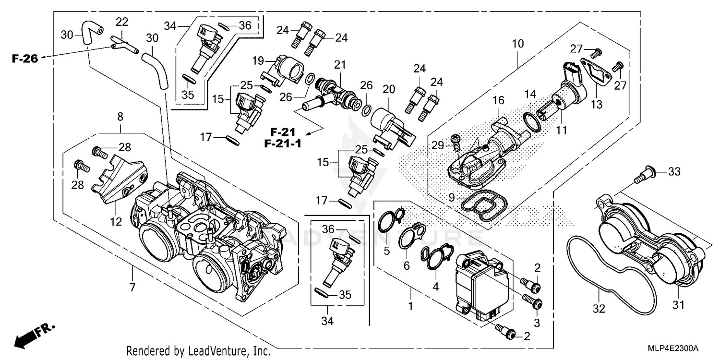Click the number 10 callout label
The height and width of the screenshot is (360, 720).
[x=518, y=45]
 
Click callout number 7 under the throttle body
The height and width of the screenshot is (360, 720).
[x=132, y=288]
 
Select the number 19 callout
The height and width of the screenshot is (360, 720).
[x=259, y=60]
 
